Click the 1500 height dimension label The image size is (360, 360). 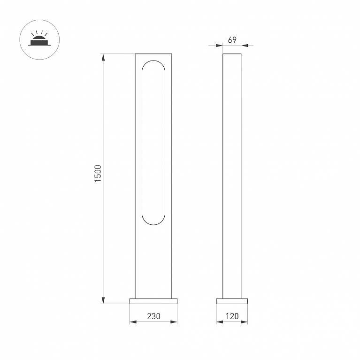[98, 173]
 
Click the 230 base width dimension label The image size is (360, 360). [153, 316]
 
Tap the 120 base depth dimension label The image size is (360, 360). [232, 316]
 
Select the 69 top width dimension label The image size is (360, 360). [232, 40]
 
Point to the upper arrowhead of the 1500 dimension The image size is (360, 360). [103, 57]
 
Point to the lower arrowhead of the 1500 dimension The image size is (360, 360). [103, 300]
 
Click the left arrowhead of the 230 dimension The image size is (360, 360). [133, 322]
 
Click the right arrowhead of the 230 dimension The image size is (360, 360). [174, 322]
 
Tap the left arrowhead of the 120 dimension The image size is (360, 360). [220, 322]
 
